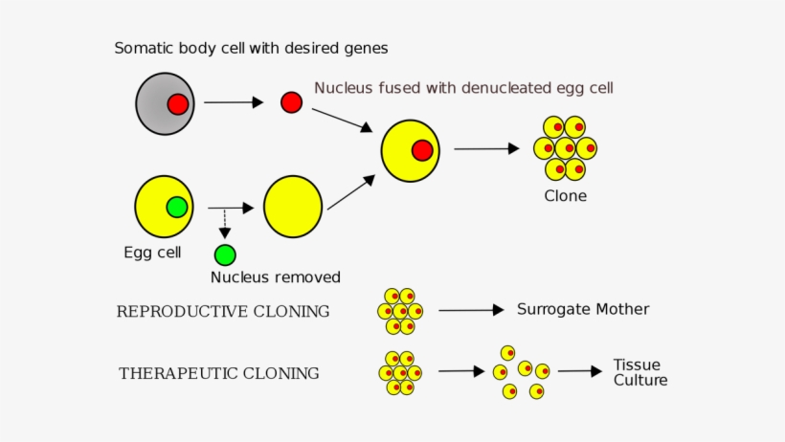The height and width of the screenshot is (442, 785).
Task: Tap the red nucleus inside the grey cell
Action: (177, 103)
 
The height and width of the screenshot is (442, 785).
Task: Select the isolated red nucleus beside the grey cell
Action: (291, 102)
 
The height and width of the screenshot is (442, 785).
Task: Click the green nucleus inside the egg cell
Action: (176, 207)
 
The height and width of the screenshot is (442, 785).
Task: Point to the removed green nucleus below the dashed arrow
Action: (225, 254)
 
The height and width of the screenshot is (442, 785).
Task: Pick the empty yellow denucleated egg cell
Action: (293, 207)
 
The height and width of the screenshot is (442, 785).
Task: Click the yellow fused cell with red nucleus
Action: (410, 150)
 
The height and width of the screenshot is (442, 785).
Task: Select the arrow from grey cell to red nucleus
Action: (233, 102)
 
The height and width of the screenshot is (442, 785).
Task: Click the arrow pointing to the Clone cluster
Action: (486, 148)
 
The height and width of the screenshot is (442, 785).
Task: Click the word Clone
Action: (565, 196)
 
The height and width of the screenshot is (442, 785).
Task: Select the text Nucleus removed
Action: (275, 277)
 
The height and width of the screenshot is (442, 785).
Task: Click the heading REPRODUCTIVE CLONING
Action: (223, 311)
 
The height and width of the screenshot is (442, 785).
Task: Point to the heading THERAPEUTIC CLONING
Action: (219, 373)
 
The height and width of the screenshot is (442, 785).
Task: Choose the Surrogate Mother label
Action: (583, 309)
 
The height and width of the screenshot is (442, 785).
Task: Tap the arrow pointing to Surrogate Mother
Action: (470, 310)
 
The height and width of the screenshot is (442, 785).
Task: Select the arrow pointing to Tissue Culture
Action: (580, 370)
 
